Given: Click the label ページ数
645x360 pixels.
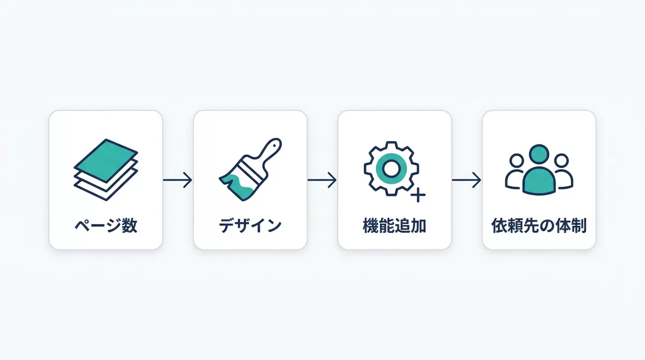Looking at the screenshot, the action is pyautogui.click(x=106, y=226).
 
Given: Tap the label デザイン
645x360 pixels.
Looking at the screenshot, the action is pyautogui.click(x=250, y=226).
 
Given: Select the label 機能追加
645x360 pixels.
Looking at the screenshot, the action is pyautogui.click(x=395, y=226).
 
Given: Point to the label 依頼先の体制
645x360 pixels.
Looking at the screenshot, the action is pyautogui.click(x=539, y=226).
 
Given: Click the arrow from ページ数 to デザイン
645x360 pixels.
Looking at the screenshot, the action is pyautogui.click(x=177, y=180).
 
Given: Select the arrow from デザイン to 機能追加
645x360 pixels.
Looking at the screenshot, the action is pyautogui.click(x=322, y=180).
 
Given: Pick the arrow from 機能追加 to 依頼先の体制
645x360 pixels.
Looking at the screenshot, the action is pyautogui.click(x=466, y=180).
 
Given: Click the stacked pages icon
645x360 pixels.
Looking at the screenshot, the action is pyautogui.click(x=106, y=170).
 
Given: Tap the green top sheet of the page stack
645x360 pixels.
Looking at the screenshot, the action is pyautogui.click(x=106, y=160).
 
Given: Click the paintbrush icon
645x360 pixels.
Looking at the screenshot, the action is pyautogui.click(x=250, y=169).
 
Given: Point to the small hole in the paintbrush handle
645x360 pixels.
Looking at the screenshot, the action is pyautogui.click(x=274, y=145).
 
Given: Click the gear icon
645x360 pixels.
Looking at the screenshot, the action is pyautogui.click(x=391, y=168).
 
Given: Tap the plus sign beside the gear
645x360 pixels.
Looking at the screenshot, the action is pyautogui.click(x=418, y=195).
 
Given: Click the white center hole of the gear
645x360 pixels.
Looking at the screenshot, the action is pyautogui.click(x=391, y=168).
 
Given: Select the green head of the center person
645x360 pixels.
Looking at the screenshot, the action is pyautogui.click(x=539, y=154).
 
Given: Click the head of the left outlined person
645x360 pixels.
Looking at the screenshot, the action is pyautogui.click(x=517, y=160).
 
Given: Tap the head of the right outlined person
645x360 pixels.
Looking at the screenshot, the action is pyautogui.click(x=562, y=160).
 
